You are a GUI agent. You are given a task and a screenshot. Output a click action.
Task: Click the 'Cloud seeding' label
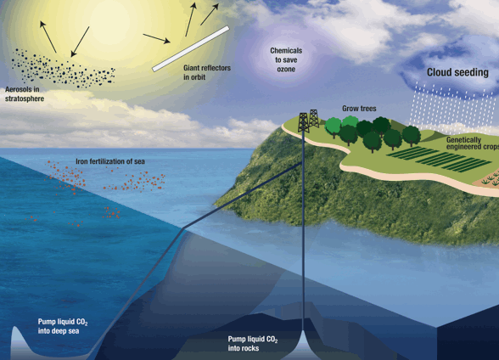click(x=457, y=72)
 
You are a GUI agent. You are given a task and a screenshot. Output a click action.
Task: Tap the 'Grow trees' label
click(x=359, y=109)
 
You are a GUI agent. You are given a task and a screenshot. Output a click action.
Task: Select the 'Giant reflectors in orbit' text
click(x=207, y=72)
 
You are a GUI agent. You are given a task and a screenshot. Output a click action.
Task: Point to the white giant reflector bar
click(x=191, y=48)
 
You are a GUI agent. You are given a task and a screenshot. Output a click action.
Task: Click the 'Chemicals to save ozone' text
click(x=286, y=59)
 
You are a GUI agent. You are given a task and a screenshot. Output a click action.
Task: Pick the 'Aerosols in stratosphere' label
click(x=25, y=94)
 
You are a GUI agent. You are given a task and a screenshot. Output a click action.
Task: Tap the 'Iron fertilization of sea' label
click(x=110, y=161)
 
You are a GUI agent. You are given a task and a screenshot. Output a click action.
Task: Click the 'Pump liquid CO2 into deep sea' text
click(x=63, y=326)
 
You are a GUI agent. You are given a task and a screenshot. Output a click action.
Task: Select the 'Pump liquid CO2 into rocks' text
click(x=253, y=344)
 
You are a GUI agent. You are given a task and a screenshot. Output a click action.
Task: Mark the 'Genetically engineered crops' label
click(x=472, y=143)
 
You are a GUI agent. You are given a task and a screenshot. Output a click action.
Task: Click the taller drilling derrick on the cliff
click(x=303, y=122)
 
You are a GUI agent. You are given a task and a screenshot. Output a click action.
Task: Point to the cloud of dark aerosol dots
click(x=63, y=68)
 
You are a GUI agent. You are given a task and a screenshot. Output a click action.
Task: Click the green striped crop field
click(x=439, y=159)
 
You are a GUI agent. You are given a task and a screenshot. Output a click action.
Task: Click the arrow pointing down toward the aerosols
click(x=80, y=42)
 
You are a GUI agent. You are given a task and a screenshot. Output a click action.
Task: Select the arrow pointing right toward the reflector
click(x=156, y=38)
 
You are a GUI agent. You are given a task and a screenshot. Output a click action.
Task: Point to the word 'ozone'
click(x=286, y=69)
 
